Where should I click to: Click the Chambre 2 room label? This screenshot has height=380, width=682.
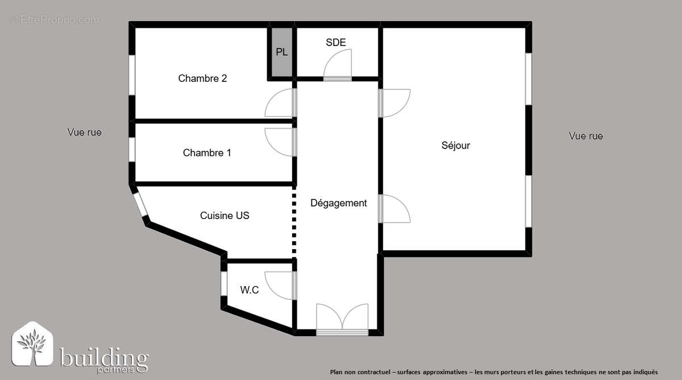pos(202,79)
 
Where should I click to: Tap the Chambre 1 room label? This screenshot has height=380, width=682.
pos(207,153)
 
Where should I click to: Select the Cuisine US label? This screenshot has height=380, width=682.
pos(224,216)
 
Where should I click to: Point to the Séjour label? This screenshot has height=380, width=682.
pos(456,146)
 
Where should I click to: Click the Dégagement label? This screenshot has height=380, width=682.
pos(339,203)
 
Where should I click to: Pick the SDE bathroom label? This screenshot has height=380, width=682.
pos(336,43)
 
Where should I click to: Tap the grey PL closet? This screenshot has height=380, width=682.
pos(282,52)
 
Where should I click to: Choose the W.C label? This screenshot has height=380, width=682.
pos(249,290)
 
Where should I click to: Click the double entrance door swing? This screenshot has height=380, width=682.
pos(342,317)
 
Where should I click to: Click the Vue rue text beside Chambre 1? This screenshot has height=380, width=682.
pos(85,133)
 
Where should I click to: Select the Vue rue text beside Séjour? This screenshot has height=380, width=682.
pos(586,137)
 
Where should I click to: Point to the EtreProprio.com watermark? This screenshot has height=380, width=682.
pos(55,20)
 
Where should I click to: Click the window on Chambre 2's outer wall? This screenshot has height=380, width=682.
pos(131,75)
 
